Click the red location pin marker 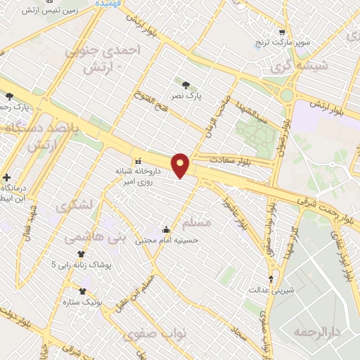[181, 165]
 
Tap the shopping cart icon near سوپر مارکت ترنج [282, 32]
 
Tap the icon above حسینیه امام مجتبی [166, 229]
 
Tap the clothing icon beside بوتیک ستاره [83, 290]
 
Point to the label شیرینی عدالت [272, 289]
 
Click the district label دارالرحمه [313, 330]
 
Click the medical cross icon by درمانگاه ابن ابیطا [7, 178]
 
